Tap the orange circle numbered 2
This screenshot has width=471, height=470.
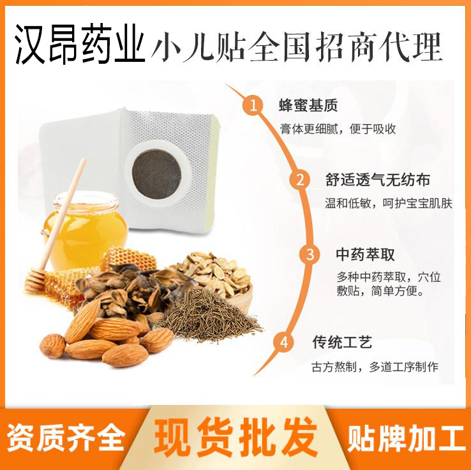click(x=299, y=179)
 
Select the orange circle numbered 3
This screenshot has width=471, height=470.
click(x=310, y=255)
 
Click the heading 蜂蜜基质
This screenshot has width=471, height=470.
click(x=308, y=105)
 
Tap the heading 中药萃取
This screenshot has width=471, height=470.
click(x=366, y=255)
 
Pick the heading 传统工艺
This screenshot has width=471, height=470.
click(x=341, y=342)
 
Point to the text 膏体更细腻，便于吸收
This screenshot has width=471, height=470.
click(x=338, y=129)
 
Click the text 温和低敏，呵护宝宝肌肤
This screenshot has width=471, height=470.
click(x=388, y=203)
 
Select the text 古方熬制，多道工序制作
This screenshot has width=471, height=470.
click(x=374, y=367)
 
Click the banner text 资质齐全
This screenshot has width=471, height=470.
click(x=66, y=439)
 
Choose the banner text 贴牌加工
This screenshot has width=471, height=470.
click(x=407, y=439)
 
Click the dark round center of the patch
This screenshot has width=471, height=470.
click(x=156, y=169)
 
